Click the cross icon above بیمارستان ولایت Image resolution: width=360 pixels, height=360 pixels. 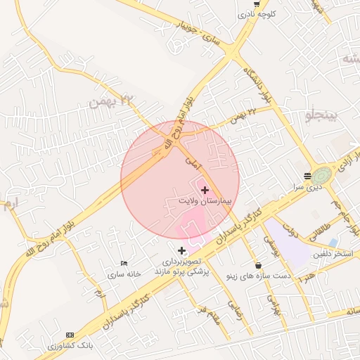[205, 190]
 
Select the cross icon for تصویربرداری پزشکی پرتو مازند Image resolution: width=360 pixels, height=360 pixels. [182, 250]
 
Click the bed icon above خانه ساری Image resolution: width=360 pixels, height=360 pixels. [124, 263]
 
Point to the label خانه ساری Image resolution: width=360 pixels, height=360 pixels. [124, 274]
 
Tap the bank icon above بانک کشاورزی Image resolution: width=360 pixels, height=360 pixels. [70, 335]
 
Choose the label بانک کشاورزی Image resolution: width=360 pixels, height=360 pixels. [70, 346]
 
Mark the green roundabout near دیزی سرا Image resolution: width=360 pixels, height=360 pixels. [324, 174]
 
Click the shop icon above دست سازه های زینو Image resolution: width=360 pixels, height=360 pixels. [259, 266]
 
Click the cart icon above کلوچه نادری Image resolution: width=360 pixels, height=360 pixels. [257, 3]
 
